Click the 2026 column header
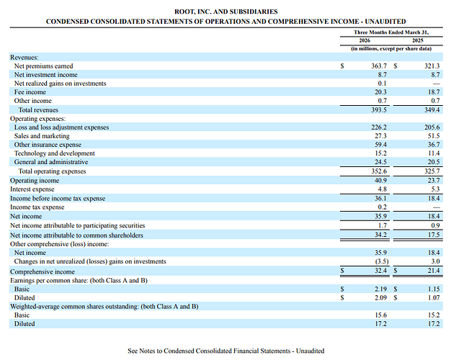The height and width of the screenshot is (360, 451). (x=365, y=40)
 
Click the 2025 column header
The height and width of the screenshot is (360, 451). (x=418, y=40)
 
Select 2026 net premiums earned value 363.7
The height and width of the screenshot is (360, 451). (x=379, y=66)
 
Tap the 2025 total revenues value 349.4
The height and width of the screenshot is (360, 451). (x=432, y=110)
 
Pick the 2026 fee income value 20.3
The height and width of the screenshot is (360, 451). (x=380, y=92)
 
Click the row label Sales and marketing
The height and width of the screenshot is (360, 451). (x=42, y=136)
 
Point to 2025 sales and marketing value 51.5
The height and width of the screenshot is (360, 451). (x=434, y=136)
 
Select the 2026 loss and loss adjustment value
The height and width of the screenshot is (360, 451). (x=379, y=127)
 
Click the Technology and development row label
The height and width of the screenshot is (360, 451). (x=54, y=153)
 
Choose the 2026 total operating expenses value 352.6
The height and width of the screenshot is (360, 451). (x=379, y=171)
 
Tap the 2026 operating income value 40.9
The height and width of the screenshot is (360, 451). (x=380, y=181)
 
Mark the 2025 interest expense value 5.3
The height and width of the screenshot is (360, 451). (x=435, y=189)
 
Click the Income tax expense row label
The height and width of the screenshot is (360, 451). (x=37, y=207)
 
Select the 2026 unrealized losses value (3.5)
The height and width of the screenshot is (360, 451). (x=381, y=261)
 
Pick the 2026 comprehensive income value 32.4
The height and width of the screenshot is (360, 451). (x=380, y=271)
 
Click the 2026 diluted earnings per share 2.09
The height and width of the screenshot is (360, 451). (x=380, y=298)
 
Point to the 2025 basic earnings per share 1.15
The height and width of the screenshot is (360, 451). (x=434, y=289)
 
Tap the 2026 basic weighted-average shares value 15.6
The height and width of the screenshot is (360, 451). (x=380, y=315)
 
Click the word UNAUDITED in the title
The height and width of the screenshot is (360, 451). (x=385, y=22)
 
